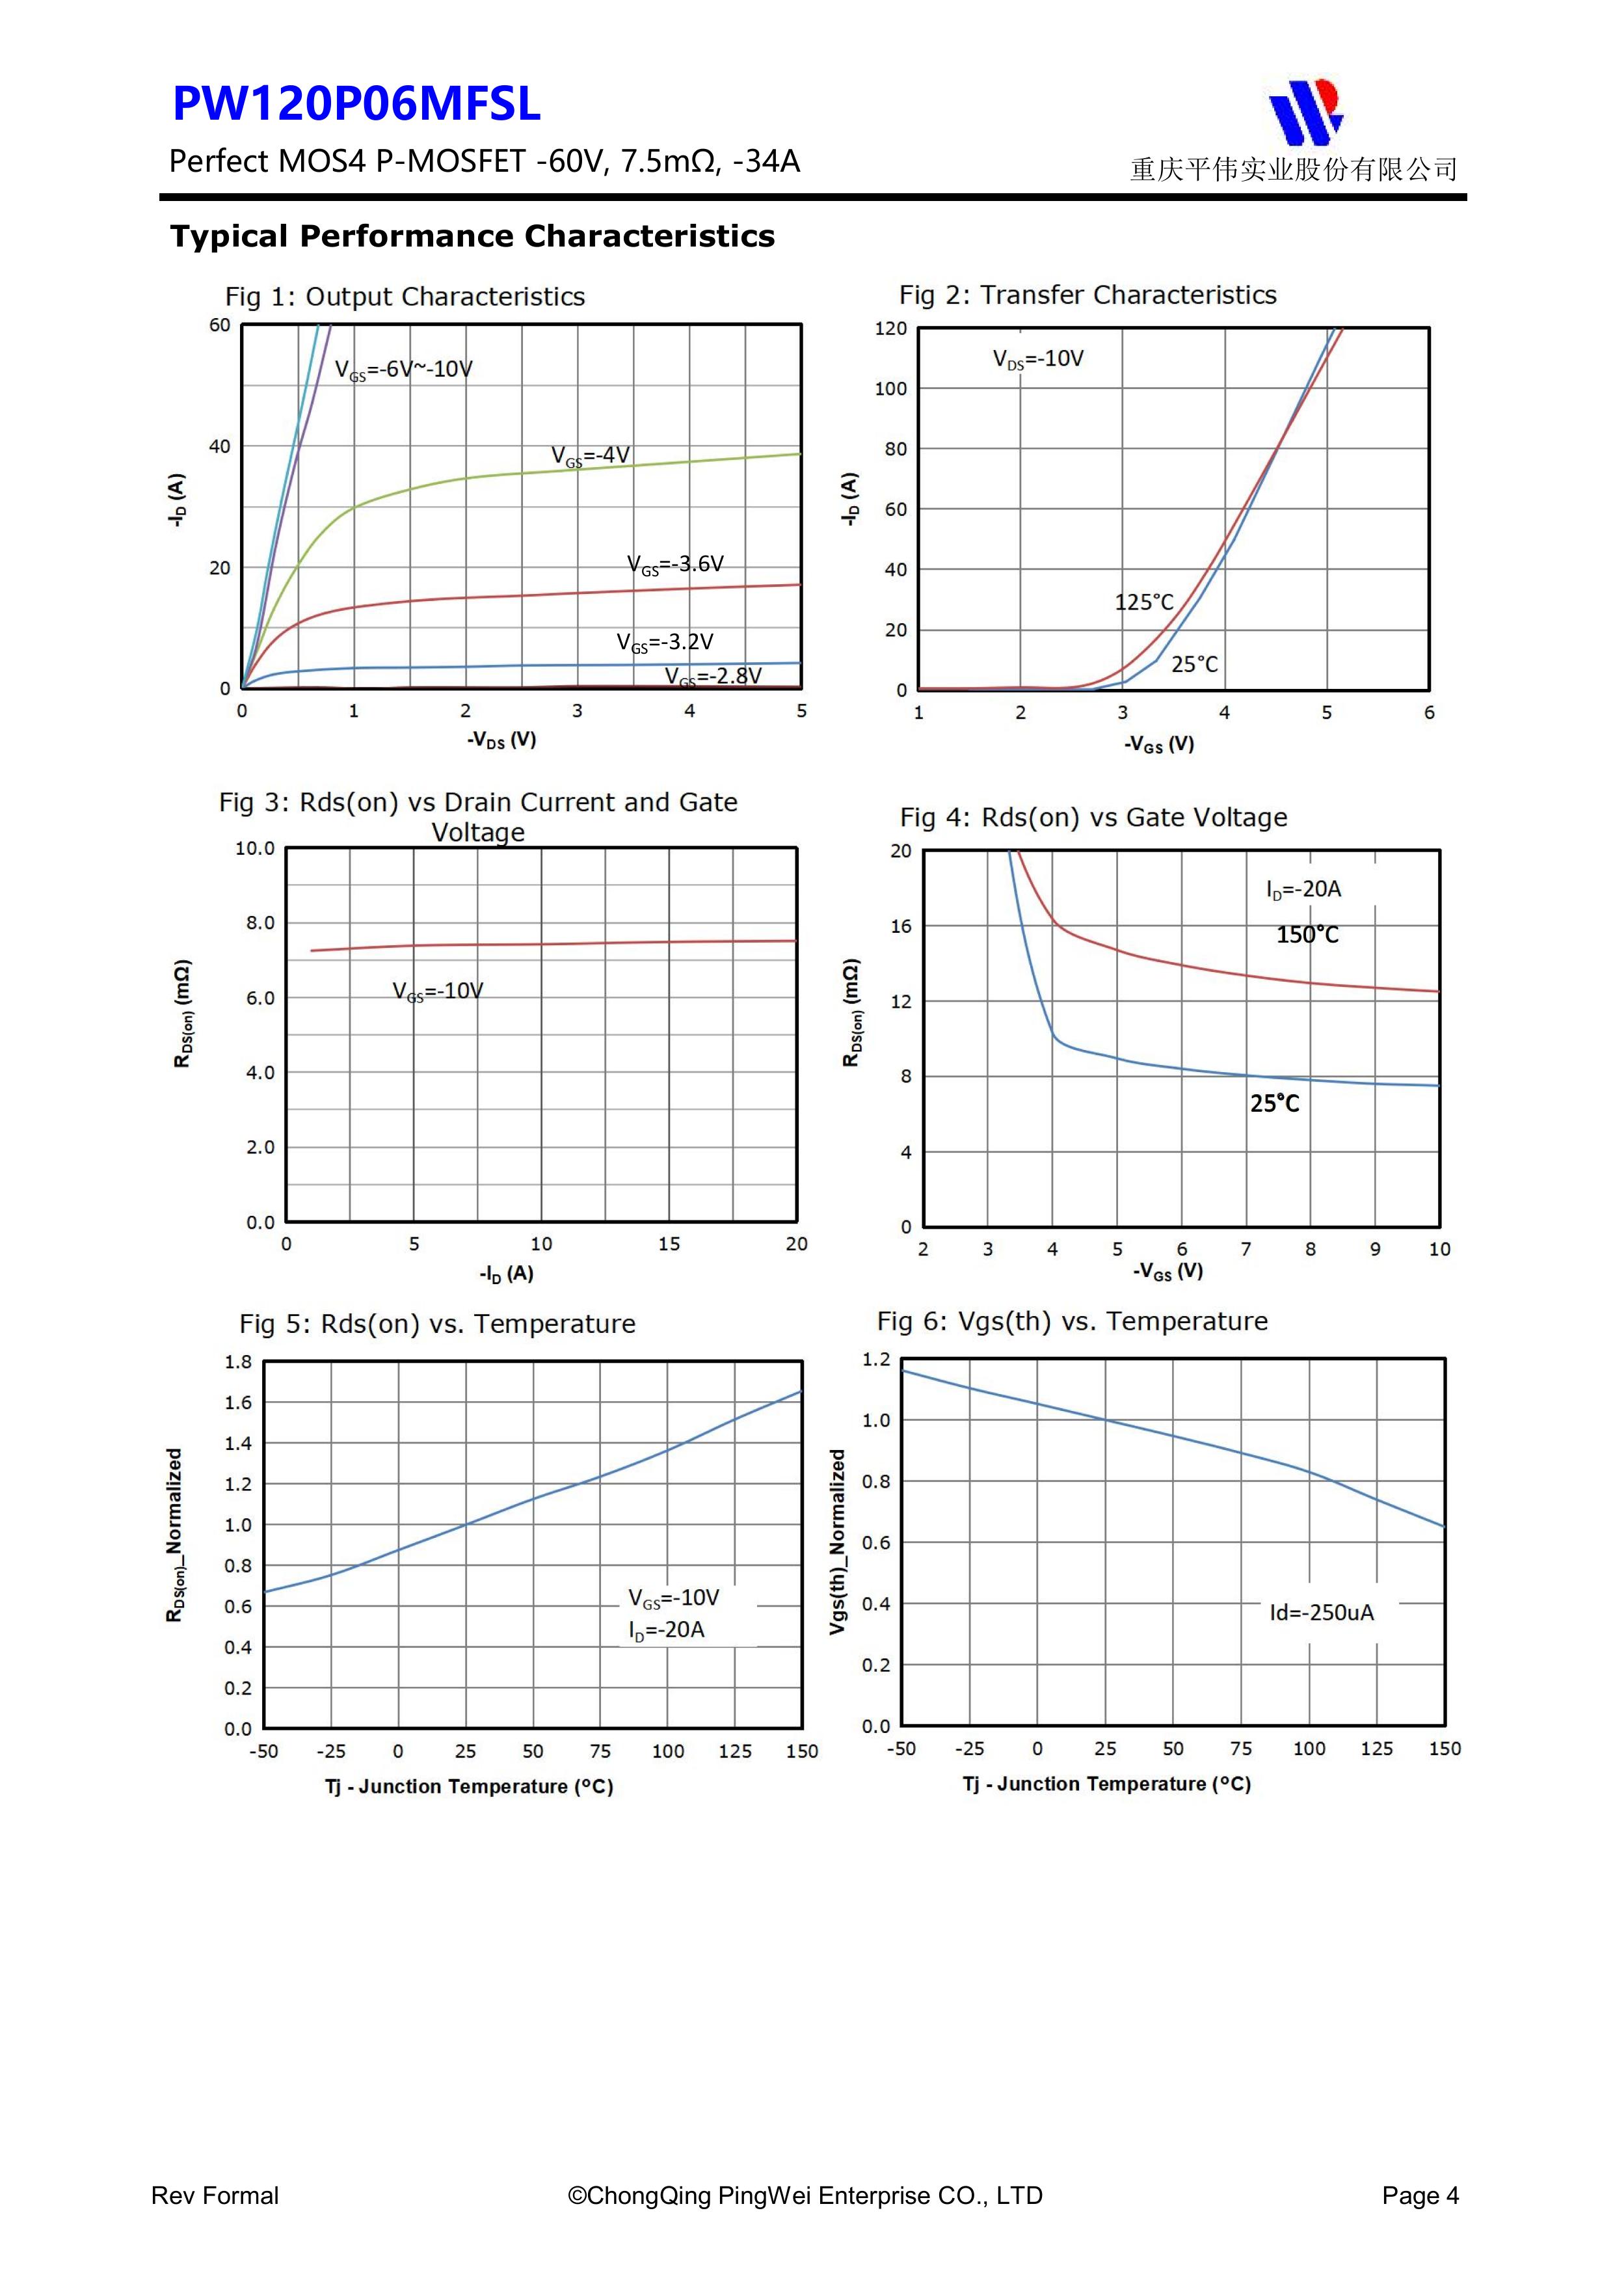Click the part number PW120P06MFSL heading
pyautogui.click(x=357, y=104)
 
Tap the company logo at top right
pyautogui.click(x=1306, y=111)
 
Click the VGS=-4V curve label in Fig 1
pyautogui.click(x=591, y=456)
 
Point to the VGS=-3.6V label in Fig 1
pyautogui.click(x=675, y=565)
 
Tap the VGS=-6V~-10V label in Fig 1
pyautogui.click(x=403, y=369)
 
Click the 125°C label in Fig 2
pyautogui.click(x=1144, y=602)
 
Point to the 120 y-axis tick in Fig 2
pyautogui.click(x=890, y=329)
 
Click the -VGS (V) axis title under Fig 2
pyautogui.click(x=1159, y=744)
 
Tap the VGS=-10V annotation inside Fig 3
pyautogui.click(x=437, y=991)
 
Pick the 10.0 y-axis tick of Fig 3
pyautogui.click(x=254, y=849)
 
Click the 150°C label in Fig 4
pyautogui.click(x=1307, y=935)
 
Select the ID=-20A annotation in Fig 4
pyautogui.click(x=1303, y=889)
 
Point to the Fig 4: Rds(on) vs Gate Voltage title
pyautogui.click(x=1093, y=817)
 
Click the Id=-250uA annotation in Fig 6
pyautogui.click(x=1322, y=1612)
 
